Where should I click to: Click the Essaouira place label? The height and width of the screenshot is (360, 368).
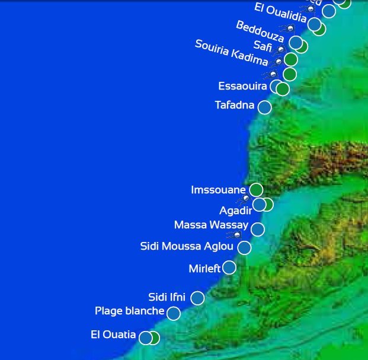(x=242, y=87)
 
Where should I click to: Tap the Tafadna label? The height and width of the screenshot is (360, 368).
(x=234, y=106)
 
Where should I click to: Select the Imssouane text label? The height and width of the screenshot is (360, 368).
(x=218, y=190)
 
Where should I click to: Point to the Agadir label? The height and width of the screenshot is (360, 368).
(x=235, y=211)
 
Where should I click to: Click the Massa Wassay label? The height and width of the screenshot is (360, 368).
(x=211, y=225)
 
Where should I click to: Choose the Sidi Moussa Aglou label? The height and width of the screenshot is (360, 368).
(x=187, y=246)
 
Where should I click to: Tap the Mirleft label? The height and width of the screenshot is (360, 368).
(x=204, y=269)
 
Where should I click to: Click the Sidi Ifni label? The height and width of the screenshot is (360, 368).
(x=167, y=297)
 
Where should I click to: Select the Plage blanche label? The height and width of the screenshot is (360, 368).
(x=129, y=311)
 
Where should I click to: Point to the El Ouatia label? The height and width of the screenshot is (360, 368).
(x=113, y=334)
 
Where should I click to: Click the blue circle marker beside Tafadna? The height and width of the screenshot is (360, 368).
(x=264, y=107)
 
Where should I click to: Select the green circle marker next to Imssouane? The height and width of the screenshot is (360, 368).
(x=256, y=190)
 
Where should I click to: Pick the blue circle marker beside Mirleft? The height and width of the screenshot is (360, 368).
(x=229, y=267)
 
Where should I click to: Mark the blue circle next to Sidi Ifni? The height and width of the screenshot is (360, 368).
(x=197, y=298)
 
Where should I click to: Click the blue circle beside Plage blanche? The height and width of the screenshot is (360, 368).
(x=173, y=313)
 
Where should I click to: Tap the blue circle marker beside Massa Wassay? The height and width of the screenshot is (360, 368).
(x=257, y=230)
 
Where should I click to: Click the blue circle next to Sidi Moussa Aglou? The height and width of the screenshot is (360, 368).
(x=244, y=248)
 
